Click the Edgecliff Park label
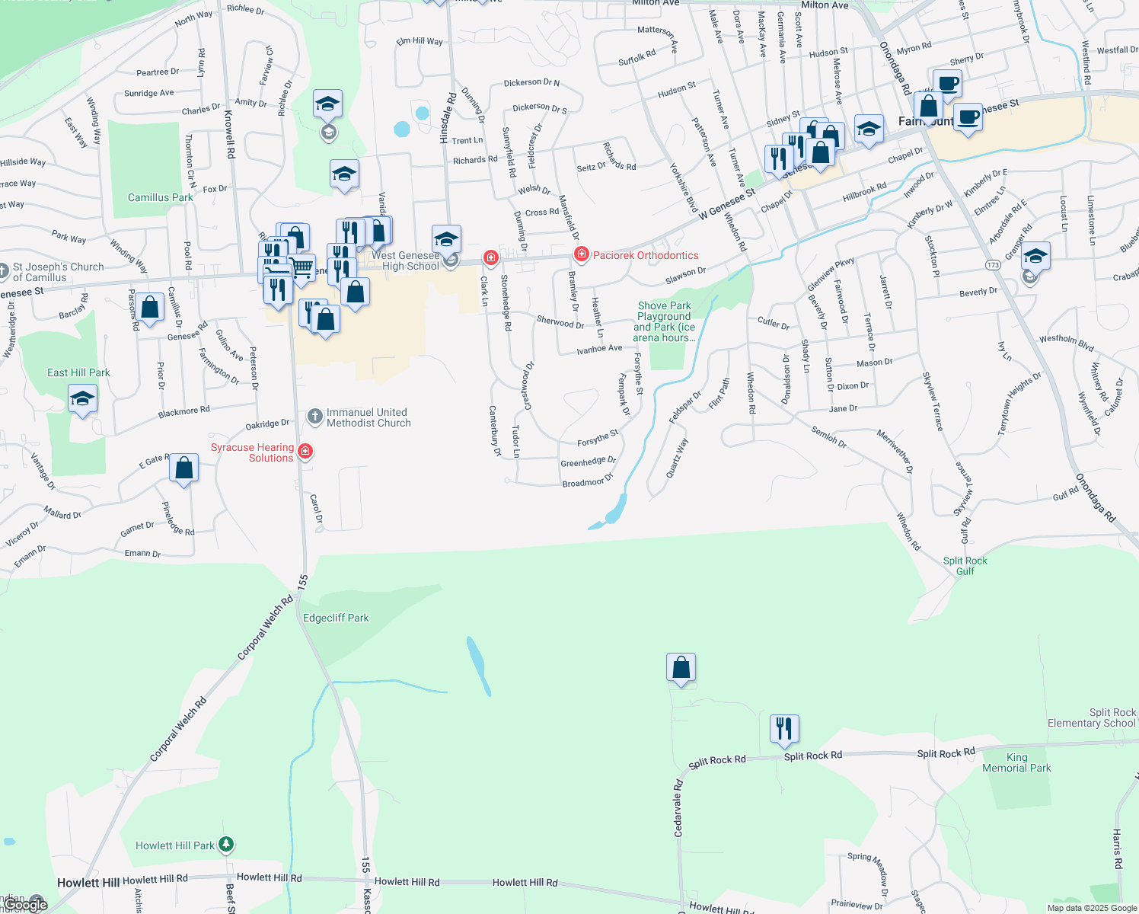click(336, 618)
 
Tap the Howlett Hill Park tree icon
click(226, 845)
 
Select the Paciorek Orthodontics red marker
click(582, 255)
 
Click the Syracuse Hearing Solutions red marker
click(305, 452)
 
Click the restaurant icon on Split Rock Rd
click(783, 729)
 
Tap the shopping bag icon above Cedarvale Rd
click(681, 668)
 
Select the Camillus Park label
click(160, 197)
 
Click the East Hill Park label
click(78, 372)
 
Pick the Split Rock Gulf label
click(965, 566)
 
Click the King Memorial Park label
click(1016, 762)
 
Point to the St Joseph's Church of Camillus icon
click(4, 270)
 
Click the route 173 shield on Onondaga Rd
click(993, 265)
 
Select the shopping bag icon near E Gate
click(184, 468)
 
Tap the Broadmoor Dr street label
click(587, 481)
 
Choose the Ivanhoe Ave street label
click(599, 349)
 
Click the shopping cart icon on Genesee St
click(302, 267)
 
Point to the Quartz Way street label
click(677, 458)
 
